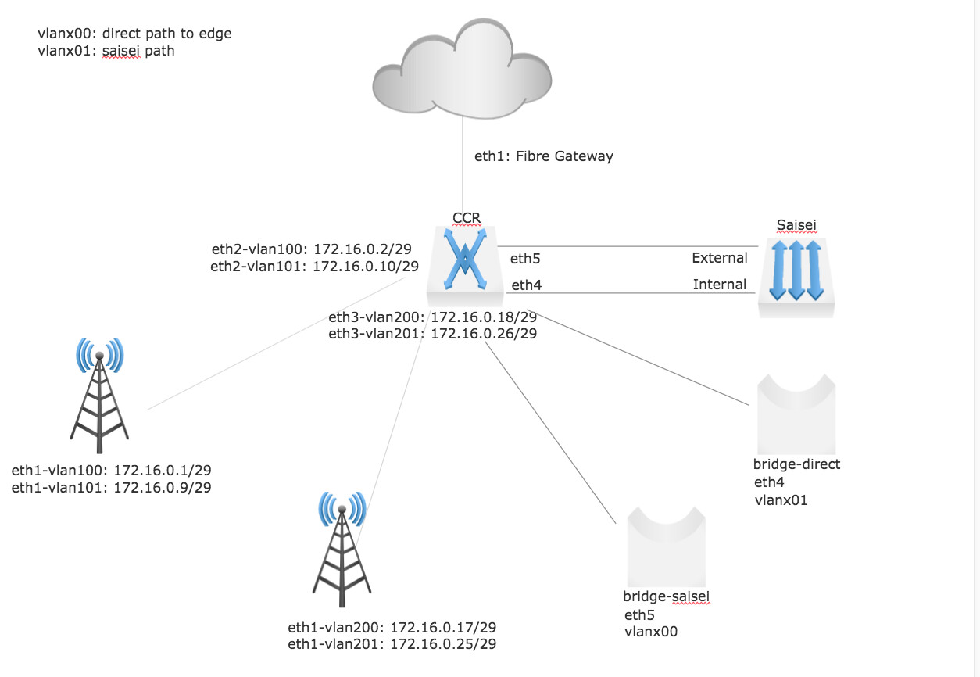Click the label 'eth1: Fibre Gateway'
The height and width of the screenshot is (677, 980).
(x=544, y=156)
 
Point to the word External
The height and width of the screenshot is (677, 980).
(x=719, y=258)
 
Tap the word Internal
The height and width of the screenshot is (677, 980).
(x=719, y=285)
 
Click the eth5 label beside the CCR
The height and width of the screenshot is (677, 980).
(x=526, y=260)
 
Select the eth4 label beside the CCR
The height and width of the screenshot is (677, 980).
(x=527, y=286)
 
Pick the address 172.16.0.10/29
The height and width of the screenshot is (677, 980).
(x=366, y=267)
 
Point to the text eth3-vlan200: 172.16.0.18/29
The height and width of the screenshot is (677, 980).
(x=432, y=317)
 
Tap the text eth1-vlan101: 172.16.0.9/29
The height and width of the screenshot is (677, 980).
(x=111, y=488)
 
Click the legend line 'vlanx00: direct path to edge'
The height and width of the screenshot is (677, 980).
(x=134, y=34)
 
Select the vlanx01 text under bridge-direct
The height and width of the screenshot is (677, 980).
(x=781, y=500)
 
